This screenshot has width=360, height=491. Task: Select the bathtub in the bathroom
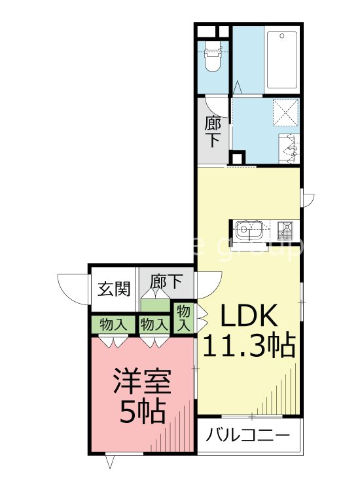coord(282,60)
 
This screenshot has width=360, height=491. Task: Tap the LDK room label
coord(249,317)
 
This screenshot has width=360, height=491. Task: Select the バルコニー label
coord(248,435)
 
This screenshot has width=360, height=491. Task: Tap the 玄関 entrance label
coord(113,288)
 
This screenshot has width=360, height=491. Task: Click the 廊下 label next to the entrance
coord(166,283)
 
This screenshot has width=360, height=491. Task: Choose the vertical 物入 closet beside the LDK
coord(183,317)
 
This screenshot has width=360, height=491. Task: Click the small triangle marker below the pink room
coord(110,462)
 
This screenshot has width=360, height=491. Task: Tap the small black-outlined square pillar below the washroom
coord(236,159)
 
